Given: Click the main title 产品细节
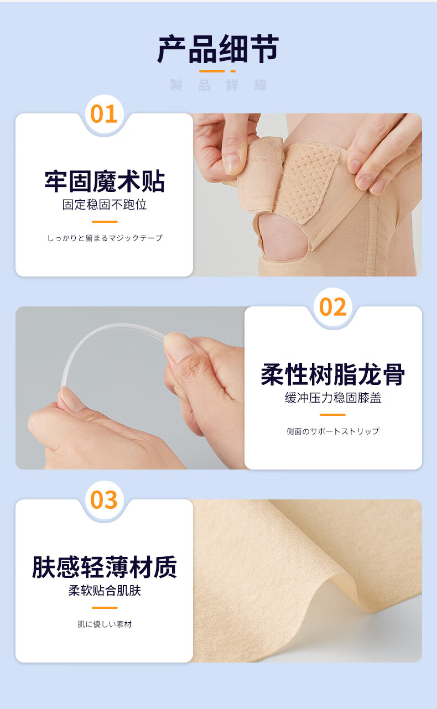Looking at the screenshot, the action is [x=218, y=49].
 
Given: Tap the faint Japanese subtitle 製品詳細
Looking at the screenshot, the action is [x=218, y=85].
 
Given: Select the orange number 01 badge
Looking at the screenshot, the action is [x=104, y=114].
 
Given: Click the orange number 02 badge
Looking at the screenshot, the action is [x=333, y=307].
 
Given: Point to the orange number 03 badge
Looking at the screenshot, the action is [x=104, y=500].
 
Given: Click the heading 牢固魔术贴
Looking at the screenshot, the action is [x=105, y=181].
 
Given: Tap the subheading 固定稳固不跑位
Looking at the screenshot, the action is [x=105, y=205].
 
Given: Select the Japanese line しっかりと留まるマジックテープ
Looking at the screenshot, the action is [x=105, y=238].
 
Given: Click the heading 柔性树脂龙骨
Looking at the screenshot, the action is [x=333, y=374].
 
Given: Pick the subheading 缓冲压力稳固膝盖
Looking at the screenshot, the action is [x=333, y=398].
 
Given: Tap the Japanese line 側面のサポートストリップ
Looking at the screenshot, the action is [x=333, y=431].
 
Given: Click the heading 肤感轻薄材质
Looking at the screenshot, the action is [x=105, y=567].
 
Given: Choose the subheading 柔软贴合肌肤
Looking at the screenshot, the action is [x=105, y=590].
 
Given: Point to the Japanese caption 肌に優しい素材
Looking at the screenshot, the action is [x=105, y=624].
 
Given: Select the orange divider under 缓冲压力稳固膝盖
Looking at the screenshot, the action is [x=332, y=415].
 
